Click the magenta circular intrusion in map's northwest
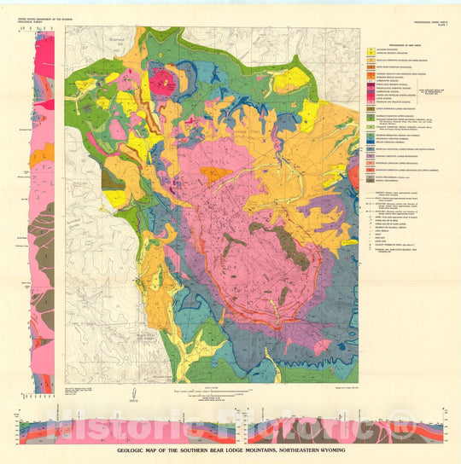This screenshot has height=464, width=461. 163,82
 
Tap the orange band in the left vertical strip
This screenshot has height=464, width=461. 41,154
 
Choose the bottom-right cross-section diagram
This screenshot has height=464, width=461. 341,425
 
